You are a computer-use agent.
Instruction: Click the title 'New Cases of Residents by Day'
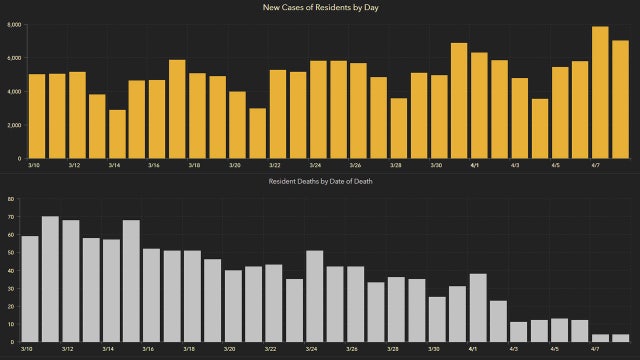[320, 7]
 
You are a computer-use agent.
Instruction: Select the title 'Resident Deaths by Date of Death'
[320, 182]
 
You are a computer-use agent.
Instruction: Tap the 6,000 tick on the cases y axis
[11, 24]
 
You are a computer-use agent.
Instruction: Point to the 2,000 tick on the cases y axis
[11, 125]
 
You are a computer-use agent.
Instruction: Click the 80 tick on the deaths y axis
[10, 199]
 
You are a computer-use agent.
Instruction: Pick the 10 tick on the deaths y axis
[10, 324]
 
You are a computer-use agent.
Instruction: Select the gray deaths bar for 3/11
[50, 279]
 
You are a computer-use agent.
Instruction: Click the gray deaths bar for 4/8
[620, 338]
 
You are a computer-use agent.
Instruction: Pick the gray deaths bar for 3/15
[131, 281]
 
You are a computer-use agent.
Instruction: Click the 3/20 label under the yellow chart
[234, 166]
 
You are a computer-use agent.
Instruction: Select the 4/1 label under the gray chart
[472, 350]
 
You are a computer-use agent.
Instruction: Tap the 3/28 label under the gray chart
[396, 350]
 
